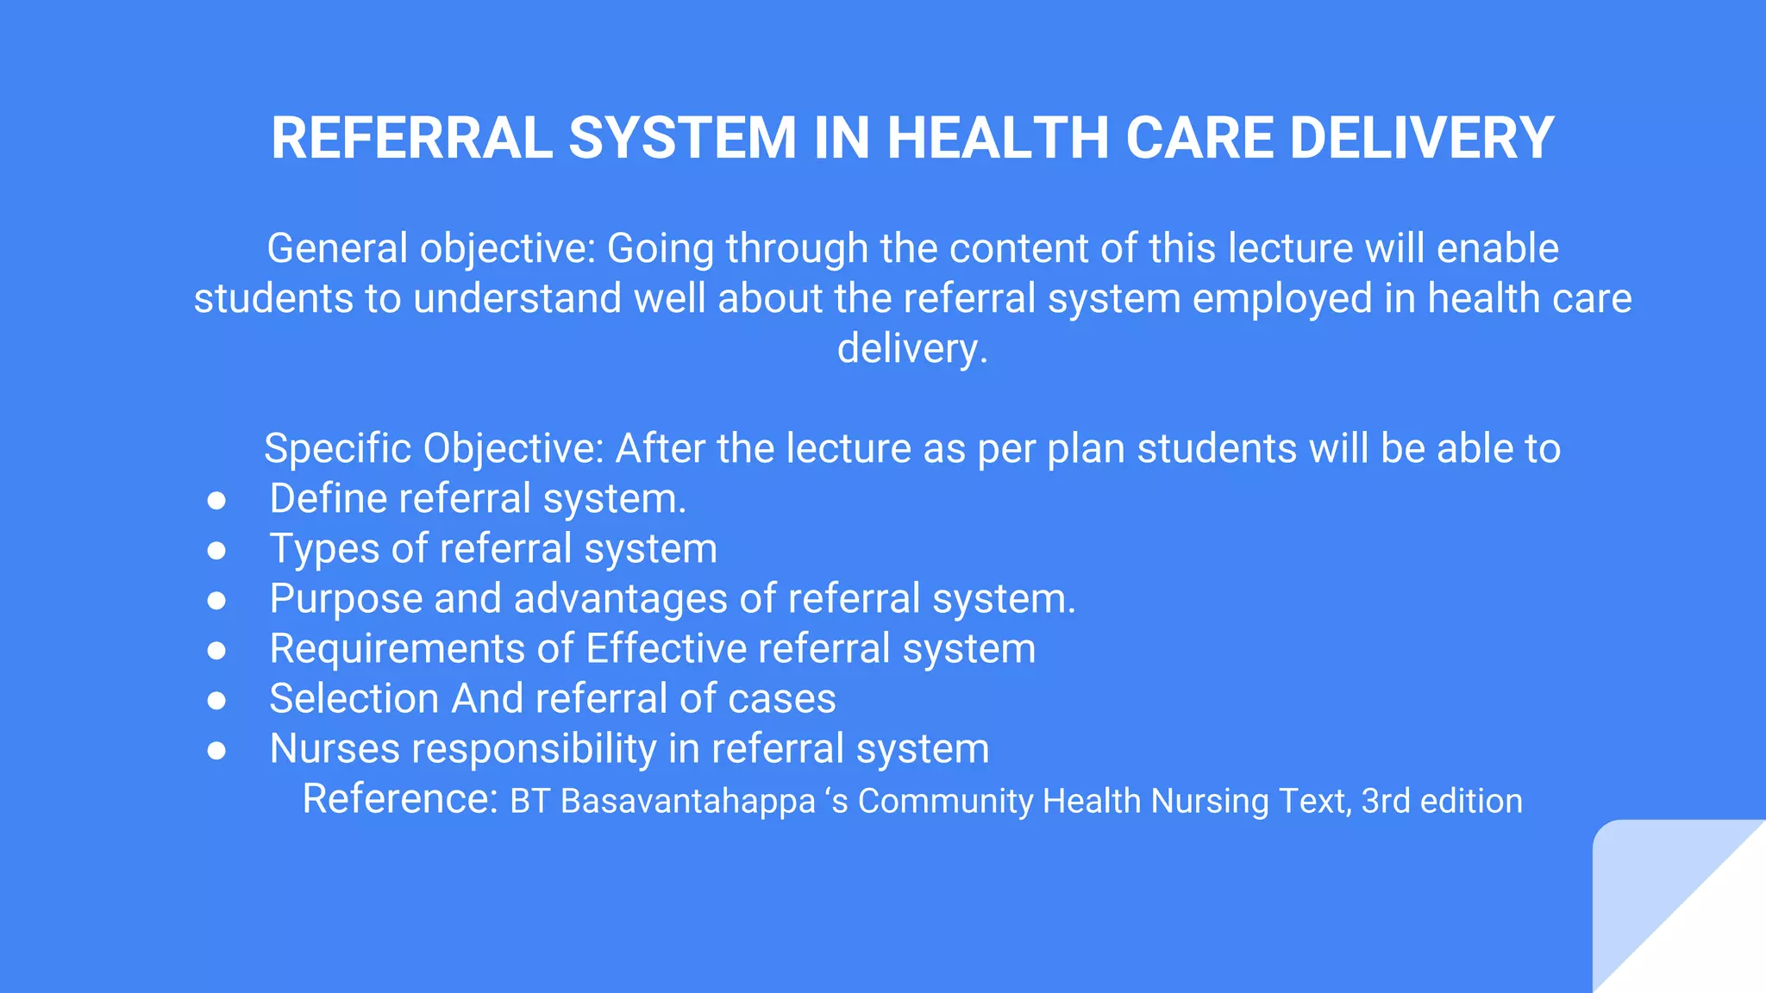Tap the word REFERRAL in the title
pos(412,138)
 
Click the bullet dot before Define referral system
pos(216,501)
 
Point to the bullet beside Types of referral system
pos(216,551)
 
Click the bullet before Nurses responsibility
pos(216,751)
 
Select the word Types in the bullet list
pos(324,550)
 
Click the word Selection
pos(354,699)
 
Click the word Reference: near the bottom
pos(400,799)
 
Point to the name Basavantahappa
pos(688,802)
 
